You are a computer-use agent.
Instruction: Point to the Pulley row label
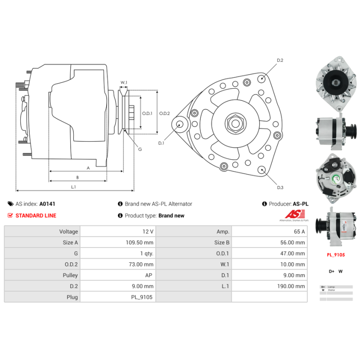[x=70, y=275]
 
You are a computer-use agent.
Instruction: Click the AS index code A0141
[x=47, y=204]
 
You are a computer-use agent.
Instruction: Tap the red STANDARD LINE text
[x=36, y=216]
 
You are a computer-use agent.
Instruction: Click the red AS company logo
[x=293, y=214]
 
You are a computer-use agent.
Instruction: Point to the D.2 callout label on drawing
[x=280, y=60]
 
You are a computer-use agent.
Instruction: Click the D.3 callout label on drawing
[x=280, y=187]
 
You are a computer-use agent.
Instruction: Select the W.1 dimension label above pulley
[x=124, y=82]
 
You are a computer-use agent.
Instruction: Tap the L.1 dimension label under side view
[x=73, y=186]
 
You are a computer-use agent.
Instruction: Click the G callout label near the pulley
[x=140, y=149]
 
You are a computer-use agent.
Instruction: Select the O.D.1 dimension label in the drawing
[x=147, y=114]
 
